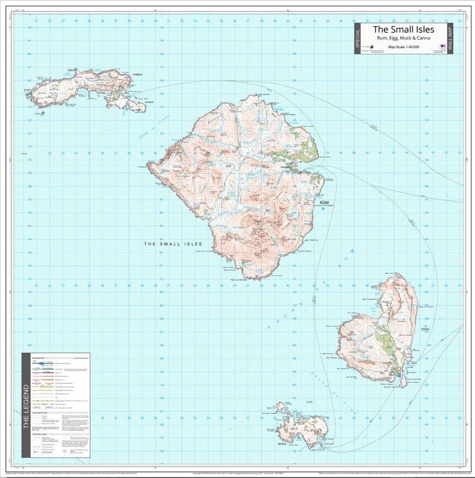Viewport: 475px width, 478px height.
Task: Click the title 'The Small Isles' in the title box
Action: (x=403, y=29)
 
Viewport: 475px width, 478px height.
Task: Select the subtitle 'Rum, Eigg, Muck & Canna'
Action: (x=403, y=39)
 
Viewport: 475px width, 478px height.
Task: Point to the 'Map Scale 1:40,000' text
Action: (x=403, y=46)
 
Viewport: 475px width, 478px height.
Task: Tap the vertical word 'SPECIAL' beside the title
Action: (x=357, y=39)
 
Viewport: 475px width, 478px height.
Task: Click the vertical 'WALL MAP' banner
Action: (x=449, y=39)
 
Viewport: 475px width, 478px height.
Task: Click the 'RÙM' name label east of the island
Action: (x=324, y=203)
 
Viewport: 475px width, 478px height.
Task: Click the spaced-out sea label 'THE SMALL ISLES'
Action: (x=173, y=244)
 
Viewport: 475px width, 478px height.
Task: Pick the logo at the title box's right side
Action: (x=442, y=46)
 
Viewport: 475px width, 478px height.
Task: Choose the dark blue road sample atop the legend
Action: (x=50, y=363)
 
